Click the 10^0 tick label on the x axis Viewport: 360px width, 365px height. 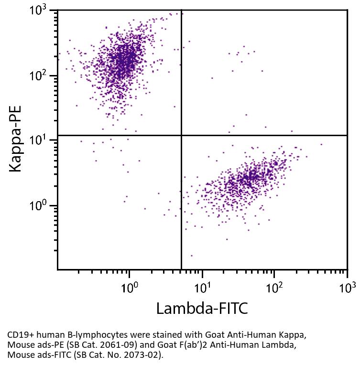pyautogui.click(x=129, y=288)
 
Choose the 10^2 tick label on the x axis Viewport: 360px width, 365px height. pyautogui.click(x=274, y=288)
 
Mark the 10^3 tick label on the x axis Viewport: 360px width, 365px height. pyautogui.click(x=347, y=288)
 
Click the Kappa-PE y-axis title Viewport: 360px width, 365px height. pyautogui.click(x=15, y=139)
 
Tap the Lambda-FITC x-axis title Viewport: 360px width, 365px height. pyautogui.click(x=202, y=309)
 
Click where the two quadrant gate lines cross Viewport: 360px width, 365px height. pyautogui.click(x=181, y=135)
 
